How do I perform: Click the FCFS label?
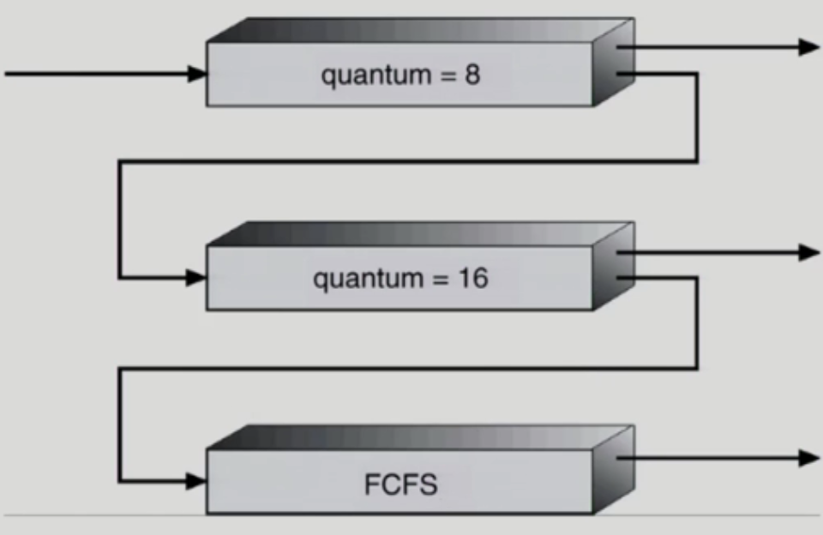400,484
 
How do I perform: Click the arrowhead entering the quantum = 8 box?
197,75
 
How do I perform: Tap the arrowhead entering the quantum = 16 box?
197,278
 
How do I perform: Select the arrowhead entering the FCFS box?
197,481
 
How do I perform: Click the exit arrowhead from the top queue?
808,46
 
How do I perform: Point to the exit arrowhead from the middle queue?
808,252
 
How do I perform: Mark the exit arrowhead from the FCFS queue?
808,458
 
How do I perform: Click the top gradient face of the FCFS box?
420,437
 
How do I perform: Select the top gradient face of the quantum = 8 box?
420,30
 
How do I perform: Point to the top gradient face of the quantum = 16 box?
420,233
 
